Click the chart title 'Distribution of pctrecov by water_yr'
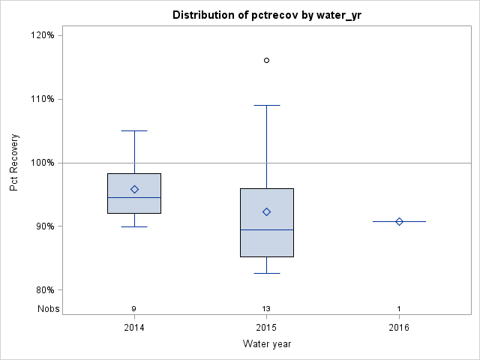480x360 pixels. [266, 15]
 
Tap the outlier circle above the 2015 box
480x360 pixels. [266, 60]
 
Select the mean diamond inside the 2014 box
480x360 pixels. [134, 189]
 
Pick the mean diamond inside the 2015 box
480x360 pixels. [266, 211]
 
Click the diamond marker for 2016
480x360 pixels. [399, 221]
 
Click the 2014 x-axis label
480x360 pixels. [134, 328]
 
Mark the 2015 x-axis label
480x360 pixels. [266, 328]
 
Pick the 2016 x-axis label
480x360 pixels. [399, 328]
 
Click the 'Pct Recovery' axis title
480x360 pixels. [15, 162]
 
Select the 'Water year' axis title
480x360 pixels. [266, 344]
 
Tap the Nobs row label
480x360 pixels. [47, 308]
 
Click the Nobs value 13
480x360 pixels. [266, 308]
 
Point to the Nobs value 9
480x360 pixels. [134, 308]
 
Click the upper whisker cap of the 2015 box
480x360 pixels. [266, 105]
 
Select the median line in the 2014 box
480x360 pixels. [134, 197]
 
